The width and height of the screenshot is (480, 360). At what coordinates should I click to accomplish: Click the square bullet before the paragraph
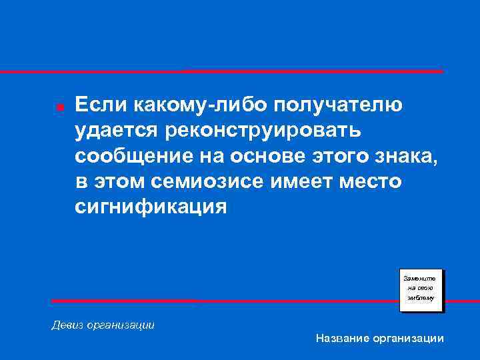coord(60,107)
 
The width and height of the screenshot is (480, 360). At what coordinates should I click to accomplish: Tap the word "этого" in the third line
coord(339,157)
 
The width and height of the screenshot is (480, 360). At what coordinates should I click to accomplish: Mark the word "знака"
coord(407,157)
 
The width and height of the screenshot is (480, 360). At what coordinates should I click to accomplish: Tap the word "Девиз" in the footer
coord(67,325)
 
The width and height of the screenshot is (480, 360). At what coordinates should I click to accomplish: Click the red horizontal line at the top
coord(240,71)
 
